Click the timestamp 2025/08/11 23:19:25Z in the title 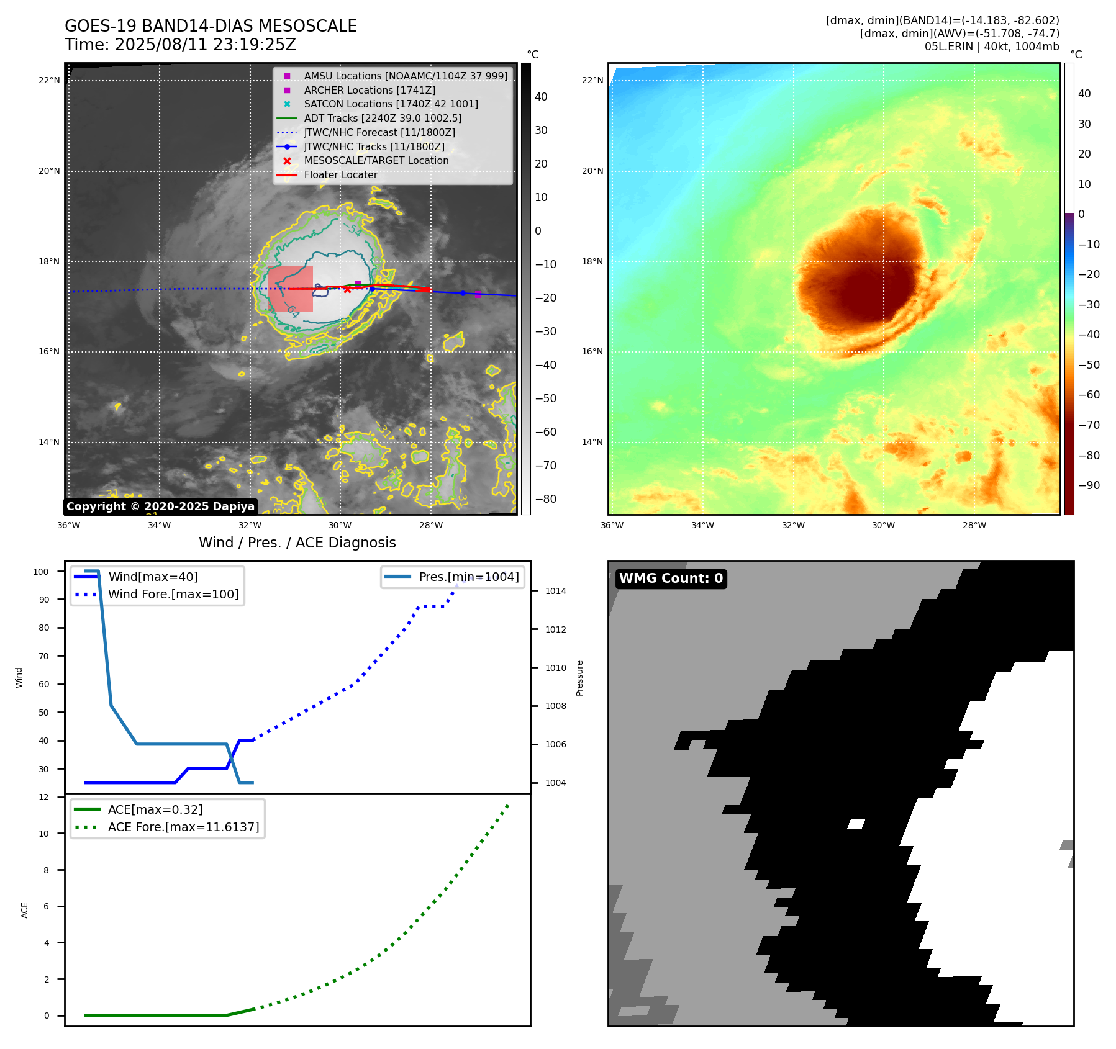(x=205, y=45)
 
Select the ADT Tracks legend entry (x=383, y=118)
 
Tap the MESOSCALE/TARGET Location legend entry (x=376, y=160)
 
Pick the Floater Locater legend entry (x=340, y=174)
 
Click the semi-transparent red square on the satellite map (x=290, y=289)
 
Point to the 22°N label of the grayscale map (x=49, y=80)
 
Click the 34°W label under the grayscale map (x=159, y=525)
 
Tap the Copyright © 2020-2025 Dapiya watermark (x=160, y=506)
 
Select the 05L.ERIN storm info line (x=991, y=47)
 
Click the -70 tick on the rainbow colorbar (x=1089, y=425)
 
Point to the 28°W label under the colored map (x=974, y=525)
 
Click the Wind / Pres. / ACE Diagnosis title (x=297, y=543)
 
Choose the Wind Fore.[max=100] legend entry (x=173, y=594)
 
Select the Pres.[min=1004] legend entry (x=468, y=577)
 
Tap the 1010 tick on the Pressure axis (x=555, y=668)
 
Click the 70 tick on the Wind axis (x=44, y=656)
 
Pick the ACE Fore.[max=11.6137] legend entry (x=183, y=827)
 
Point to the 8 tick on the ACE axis (x=46, y=870)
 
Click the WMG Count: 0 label (x=671, y=579)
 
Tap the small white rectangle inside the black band (x=856, y=824)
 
